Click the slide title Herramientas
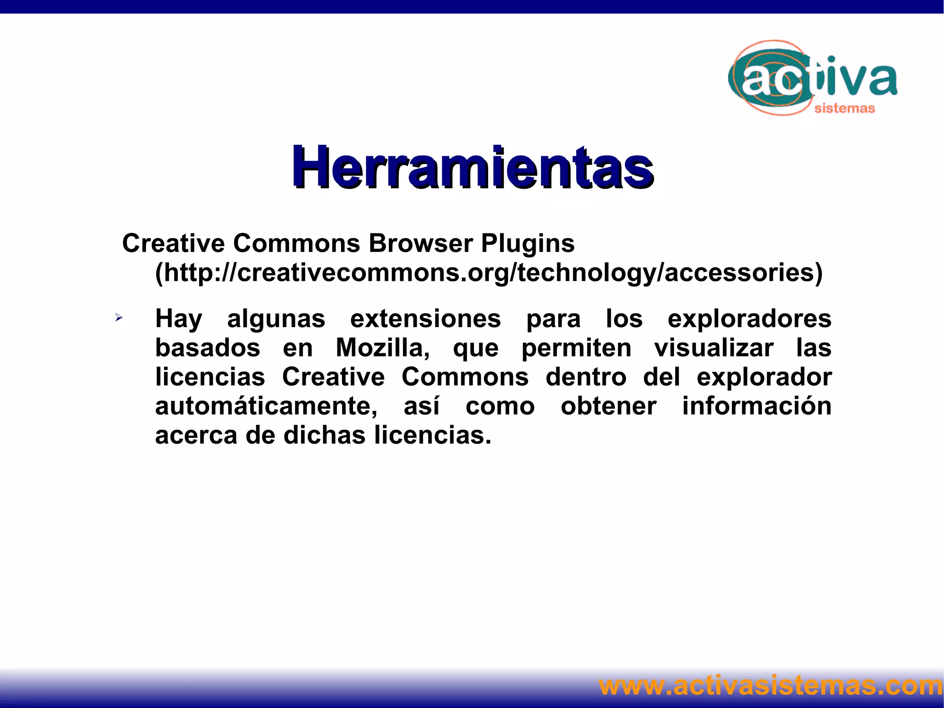pos(472,167)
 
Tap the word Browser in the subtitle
pos(421,243)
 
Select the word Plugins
pos(528,243)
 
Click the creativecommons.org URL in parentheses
pos(489,273)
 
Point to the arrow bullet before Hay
pos(119,317)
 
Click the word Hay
pos(178,319)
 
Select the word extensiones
pos(425,319)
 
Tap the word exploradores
pos(749,319)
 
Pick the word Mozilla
pos(382,348)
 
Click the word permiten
pos(576,348)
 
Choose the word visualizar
pos(714,348)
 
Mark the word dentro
pos(586,377)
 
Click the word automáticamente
pos(266,406)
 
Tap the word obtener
pos(608,406)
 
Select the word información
pos(757,406)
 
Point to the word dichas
pos(324,435)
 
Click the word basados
pos(207,348)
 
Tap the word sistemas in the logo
pos(844,108)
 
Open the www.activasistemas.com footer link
pos(771,686)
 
